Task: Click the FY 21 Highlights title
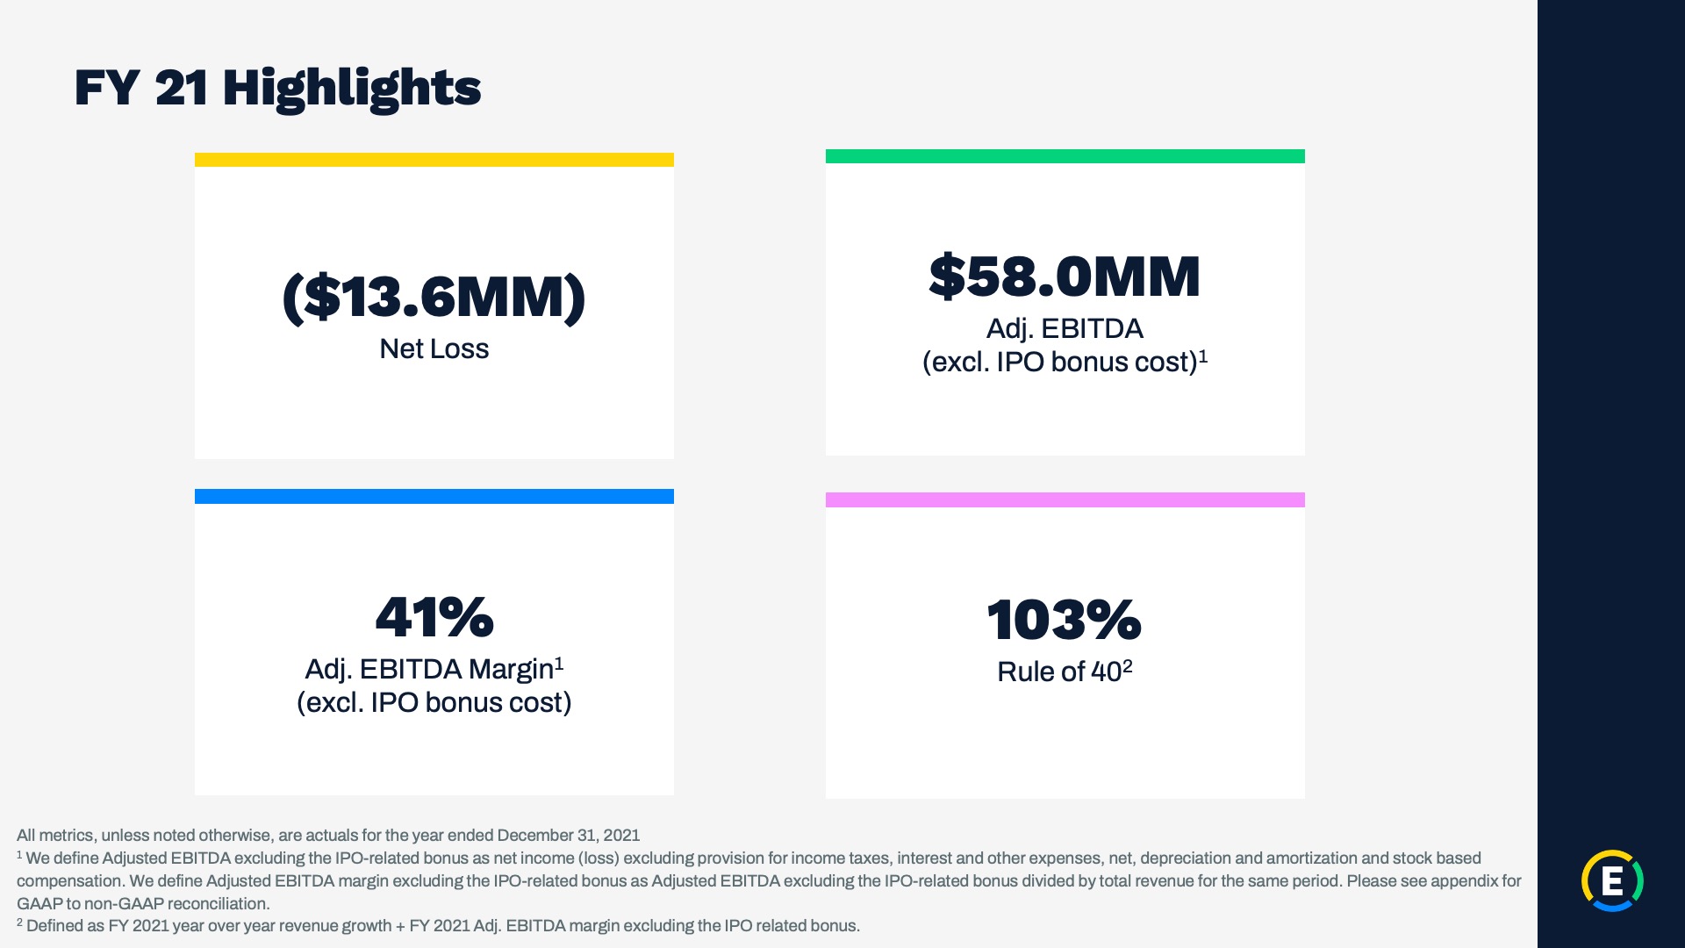click(x=277, y=89)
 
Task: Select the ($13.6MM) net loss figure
click(x=434, y=298)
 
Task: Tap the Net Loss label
click(x=434, y=348)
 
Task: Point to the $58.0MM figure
click(x=1065, y=276)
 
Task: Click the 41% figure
click(x=434, y=617)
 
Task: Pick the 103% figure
click(x=1065, y=620)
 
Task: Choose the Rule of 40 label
click(x=1059, y=672)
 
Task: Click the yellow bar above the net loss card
click(x=434, y=160)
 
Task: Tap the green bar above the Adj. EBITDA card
click(x=1065, y=156)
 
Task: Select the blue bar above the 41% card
click(x=434, y=497)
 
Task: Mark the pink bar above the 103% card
click(x=1065, y=500)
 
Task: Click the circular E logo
click(x=1612, y=880)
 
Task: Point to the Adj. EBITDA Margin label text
click(x=429, y=670)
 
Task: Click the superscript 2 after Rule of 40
click(x=1128, y=666)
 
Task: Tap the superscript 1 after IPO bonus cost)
click(x=1203, y=356)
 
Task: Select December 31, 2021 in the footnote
click(x=569, y=836)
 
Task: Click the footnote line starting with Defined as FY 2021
click(x=438, y=926)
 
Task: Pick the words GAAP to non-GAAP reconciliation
click(x=143, y=904)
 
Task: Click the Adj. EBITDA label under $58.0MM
click(x=1065, y=329)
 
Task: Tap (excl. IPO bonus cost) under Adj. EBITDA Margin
click(x=434, y=703)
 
